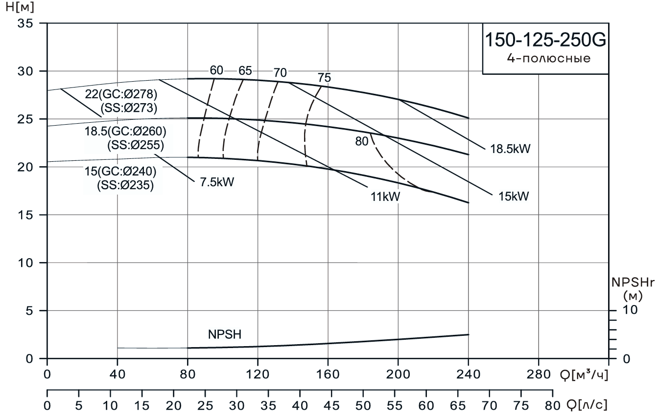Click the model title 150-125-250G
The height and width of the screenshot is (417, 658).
coord(545,40)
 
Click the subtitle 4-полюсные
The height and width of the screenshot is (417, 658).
coord(545,59)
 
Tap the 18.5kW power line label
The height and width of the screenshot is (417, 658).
coord(511,149)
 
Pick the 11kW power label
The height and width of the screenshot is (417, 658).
coord(385,197)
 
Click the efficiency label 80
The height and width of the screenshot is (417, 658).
coord(361,141)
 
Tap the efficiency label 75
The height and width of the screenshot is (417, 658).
coord(324,78)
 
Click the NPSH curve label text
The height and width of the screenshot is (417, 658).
coord(225,335)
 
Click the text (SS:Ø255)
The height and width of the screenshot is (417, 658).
coord(135,145)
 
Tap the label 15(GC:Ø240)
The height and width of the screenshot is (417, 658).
coord(120,172)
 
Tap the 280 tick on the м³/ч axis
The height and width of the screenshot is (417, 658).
coord(538,375)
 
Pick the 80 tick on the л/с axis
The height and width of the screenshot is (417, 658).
coord(552,406)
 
